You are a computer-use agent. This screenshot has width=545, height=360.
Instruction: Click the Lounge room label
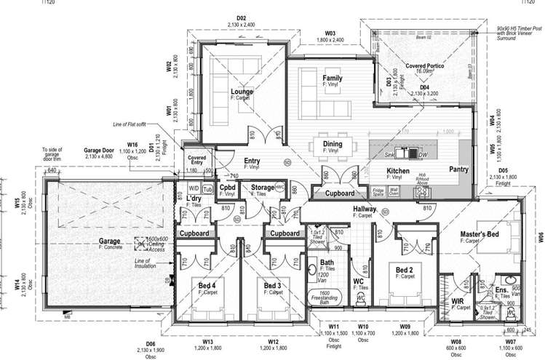(241, 92)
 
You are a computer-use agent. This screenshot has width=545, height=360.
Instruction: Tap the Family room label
(333, 77)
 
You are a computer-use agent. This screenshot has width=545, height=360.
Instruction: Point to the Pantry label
(458, 169)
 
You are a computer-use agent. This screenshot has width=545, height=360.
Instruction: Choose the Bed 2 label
(405, 269)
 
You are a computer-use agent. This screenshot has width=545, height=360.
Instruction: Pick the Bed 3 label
(274, 285)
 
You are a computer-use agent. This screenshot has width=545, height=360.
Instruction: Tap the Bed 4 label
(208, 285)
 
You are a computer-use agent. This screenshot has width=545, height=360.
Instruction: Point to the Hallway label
(364, 209)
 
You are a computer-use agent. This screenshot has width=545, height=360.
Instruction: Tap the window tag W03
(330, 33)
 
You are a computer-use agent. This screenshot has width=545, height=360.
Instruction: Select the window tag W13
(207, 341)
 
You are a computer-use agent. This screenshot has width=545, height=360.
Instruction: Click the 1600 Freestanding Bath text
(327, 295)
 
